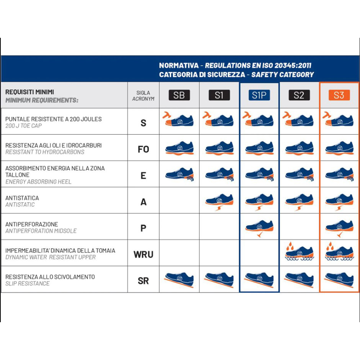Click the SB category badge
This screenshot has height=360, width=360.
tap(179, 95)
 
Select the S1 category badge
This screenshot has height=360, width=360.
tap(219, 95)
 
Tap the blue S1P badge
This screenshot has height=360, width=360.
tap(259, 95)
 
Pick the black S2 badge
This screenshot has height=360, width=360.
tap(299, 95)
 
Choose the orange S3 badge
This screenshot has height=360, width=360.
tap(339, 95)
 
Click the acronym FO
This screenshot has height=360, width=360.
tap(143, 149)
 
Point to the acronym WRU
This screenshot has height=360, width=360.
tap(143, 255)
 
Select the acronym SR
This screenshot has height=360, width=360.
tap(143, 281)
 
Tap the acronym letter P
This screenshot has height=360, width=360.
tap(143, 228)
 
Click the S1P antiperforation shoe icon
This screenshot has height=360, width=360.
tap(260, 228)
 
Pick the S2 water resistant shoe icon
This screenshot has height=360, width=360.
tap(300, 251)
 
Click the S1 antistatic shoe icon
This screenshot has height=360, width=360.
tap(220, 202)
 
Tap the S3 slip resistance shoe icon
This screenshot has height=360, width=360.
tap(339, 280)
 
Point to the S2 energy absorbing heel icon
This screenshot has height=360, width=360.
tap(300, 175)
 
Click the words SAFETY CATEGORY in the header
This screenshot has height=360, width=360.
tap(282, 75)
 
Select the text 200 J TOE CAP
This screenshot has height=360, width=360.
tap(23, 126)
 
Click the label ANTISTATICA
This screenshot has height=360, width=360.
tap(22, 198)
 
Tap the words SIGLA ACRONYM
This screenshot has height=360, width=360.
tap(143, 95)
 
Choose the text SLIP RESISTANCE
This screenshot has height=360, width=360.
tap(28, 284)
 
